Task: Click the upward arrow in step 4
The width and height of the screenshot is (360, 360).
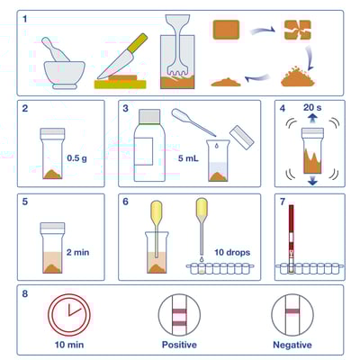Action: point(300,115)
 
